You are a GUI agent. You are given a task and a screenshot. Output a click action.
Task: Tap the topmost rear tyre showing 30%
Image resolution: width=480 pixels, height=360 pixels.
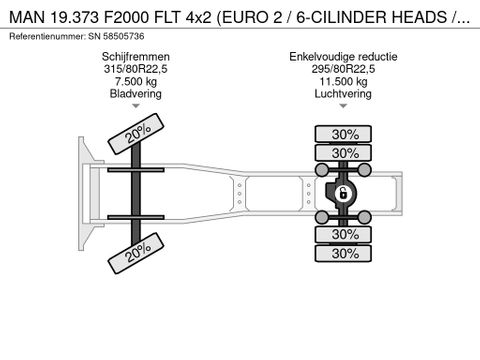(344, 134)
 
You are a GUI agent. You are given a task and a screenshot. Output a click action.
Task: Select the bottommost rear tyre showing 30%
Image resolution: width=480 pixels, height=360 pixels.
(344, 253)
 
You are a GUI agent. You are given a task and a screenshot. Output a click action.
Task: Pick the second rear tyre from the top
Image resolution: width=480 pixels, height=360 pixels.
(344, 152)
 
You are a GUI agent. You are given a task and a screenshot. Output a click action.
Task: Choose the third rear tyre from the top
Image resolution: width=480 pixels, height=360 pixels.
(344, 234)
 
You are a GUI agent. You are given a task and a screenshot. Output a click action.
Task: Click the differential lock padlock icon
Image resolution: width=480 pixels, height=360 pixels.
(342, 193)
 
